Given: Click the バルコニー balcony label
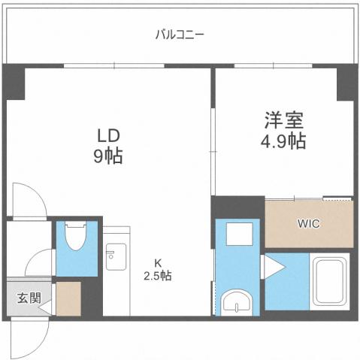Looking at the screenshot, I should (180, 34).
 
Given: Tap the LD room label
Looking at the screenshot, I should (107, 136).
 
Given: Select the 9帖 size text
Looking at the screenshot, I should (107, 157).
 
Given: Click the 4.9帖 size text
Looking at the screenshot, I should (283, 141).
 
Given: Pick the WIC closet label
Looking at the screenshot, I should (309, 223).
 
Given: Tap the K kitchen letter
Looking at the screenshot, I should (158, 262).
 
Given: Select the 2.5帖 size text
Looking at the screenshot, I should (158, 276).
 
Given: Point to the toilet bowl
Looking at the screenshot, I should (75, 237).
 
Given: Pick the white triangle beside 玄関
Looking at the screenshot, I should (45, 306).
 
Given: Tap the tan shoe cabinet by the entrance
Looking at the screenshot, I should (68, 298).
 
